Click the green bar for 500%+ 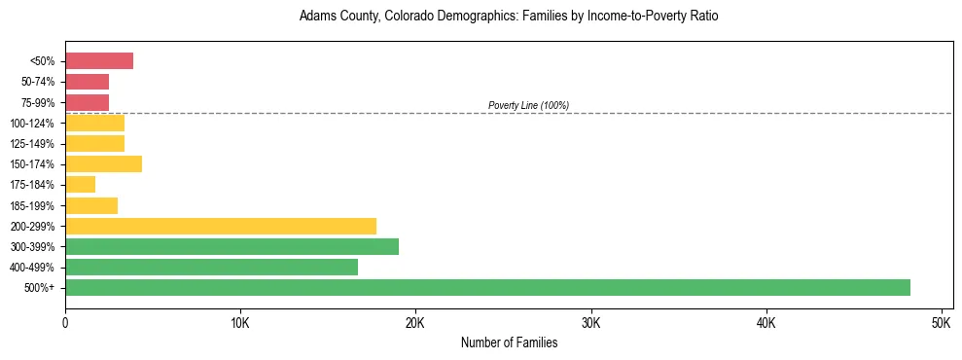(487, 287)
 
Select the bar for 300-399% (232, 246)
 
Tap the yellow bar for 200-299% (221, 226)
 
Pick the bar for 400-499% (211, 267)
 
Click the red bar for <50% (99, 61)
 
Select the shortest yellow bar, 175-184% (80, 185)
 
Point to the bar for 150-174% (103, 164)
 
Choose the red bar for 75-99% (87, 102)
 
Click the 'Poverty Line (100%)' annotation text (528, 105)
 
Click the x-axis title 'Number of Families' (509, 342)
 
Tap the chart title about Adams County (509, 17)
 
